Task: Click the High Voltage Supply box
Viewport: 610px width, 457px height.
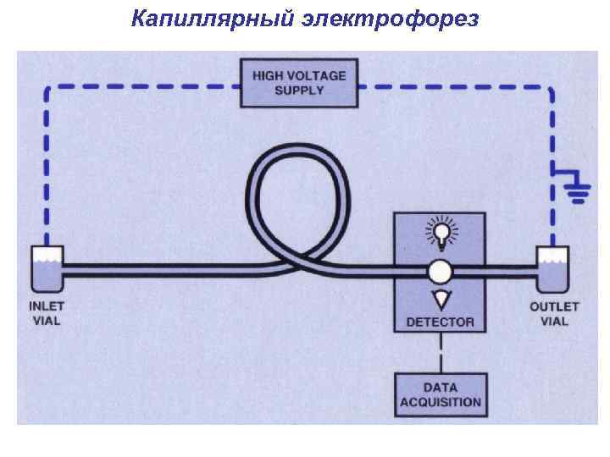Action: coord(299,82)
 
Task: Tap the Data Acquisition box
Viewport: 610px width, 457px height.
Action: coord(441,395)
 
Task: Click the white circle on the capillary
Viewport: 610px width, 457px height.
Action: coord(440,271)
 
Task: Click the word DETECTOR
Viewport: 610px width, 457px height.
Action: coord(441,322)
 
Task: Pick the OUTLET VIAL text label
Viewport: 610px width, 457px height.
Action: coord(554,313)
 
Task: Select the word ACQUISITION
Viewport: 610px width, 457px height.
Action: coord(441,403)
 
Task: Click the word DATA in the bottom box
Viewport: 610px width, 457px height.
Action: coord(441,388)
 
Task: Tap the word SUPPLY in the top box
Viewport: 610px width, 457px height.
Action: coord(299,90)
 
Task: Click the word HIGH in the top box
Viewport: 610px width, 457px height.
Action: coord(269,75)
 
